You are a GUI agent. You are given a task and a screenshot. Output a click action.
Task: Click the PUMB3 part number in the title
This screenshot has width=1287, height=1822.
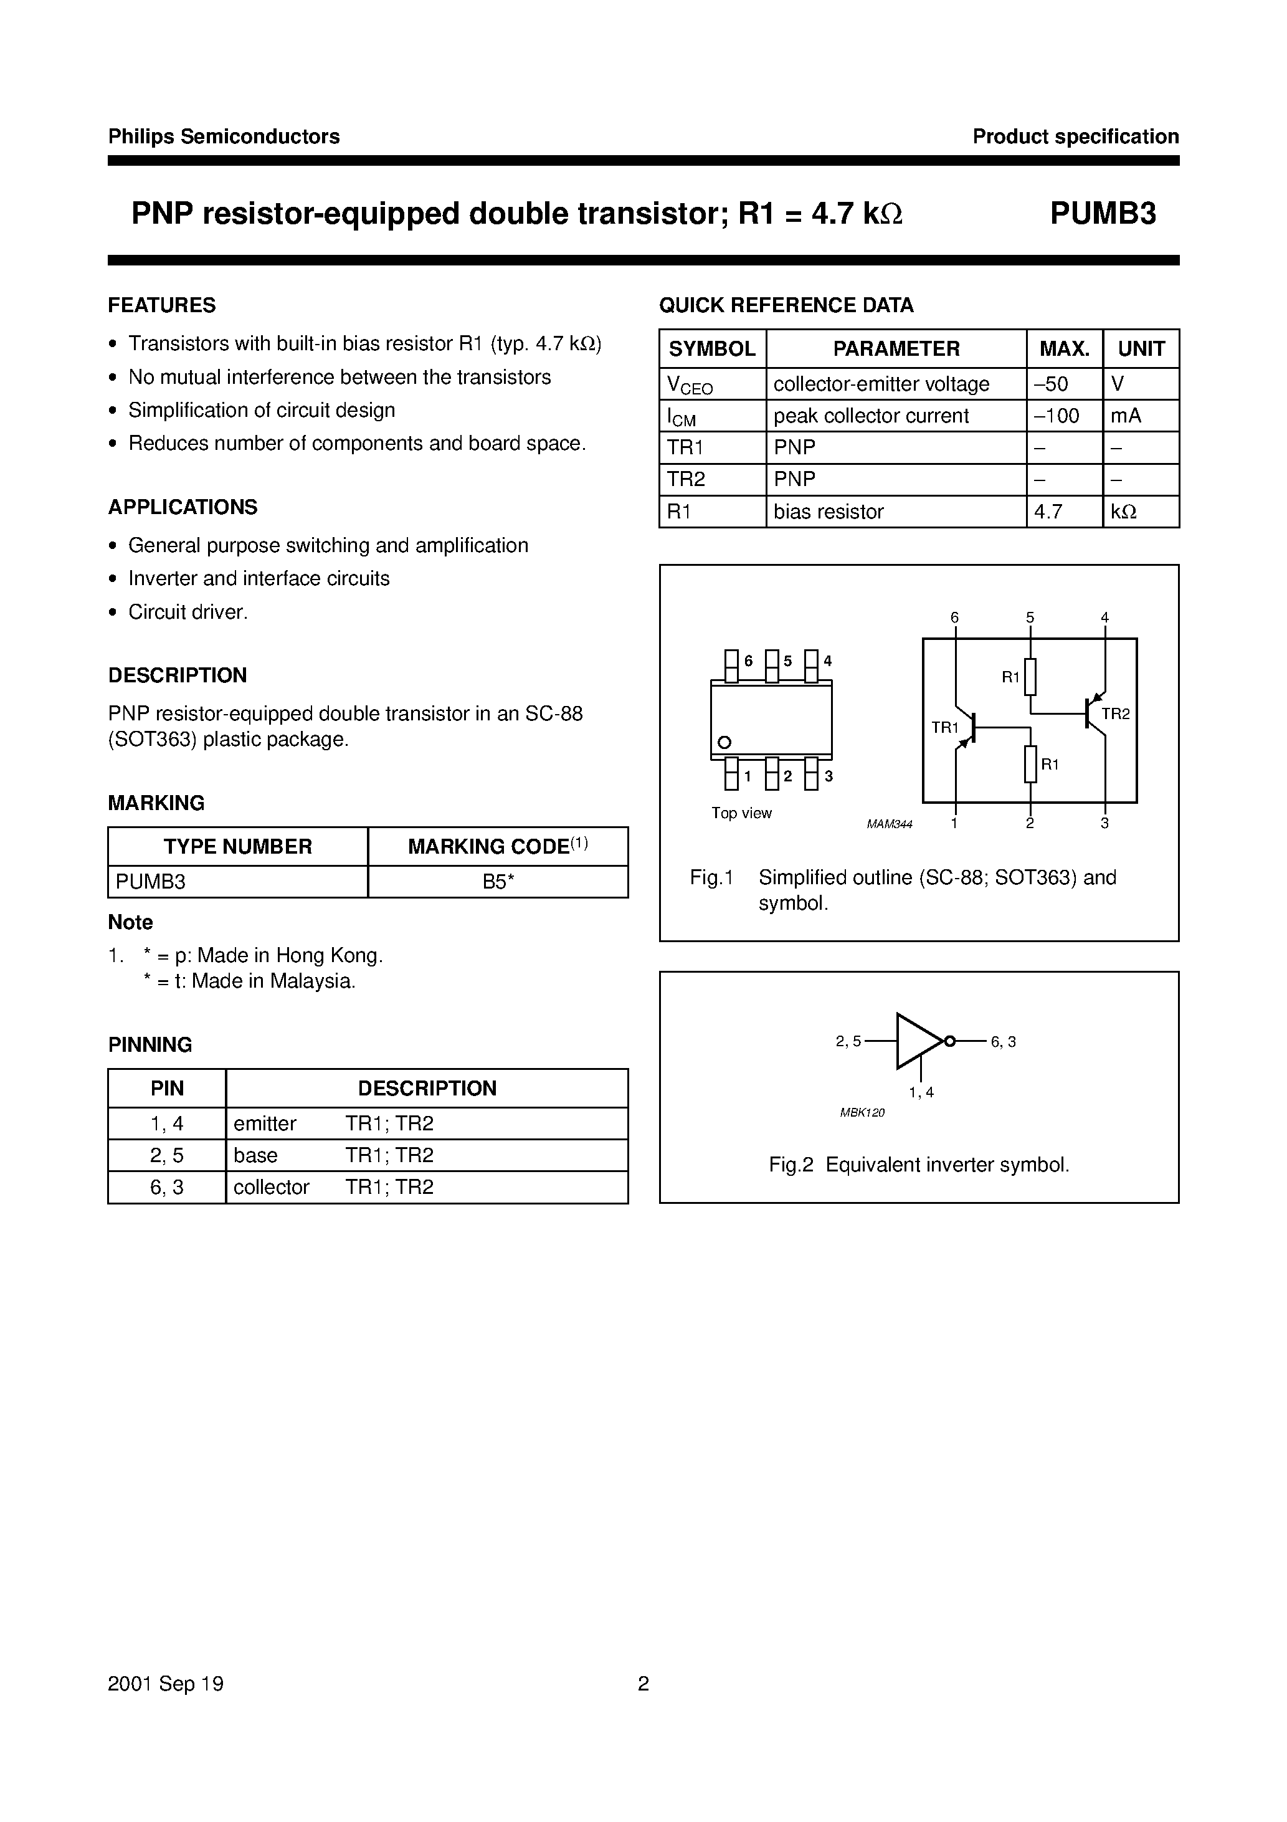(1103, 214)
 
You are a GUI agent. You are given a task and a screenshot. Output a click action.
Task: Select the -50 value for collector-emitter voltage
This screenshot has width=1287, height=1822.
(1052, 384)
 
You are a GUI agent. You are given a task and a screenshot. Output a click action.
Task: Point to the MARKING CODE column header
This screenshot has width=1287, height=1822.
(498, 847)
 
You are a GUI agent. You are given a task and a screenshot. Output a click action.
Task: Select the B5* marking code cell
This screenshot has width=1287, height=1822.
(498, 882)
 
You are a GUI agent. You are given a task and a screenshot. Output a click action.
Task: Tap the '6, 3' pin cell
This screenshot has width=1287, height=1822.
(166, 1187)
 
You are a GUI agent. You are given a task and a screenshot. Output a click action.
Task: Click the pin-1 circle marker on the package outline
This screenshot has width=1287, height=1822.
(724, 743)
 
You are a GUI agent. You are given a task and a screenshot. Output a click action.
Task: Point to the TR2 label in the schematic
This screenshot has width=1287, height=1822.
(1115, 714)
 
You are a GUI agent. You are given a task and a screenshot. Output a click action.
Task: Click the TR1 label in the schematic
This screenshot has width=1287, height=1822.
(945, 728)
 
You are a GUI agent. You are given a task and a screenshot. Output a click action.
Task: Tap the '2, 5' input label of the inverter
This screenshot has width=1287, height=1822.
(848, 1042)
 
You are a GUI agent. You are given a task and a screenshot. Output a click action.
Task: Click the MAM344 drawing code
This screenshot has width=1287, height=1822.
(890, 824)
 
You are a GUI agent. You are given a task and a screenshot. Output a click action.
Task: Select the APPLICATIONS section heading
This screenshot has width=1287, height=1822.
(183, 507)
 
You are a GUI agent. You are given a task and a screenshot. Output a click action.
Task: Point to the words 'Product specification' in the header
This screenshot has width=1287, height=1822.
(1075, 136)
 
